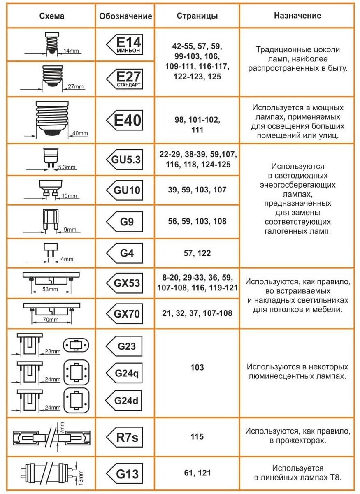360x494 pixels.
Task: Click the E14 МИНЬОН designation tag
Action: (x=125, y=44)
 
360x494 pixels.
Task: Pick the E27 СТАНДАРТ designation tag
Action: (x=125, y=79)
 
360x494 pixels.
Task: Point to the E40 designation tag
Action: (x=125, y=121)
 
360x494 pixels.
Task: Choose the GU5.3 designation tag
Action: (x=125, y=160)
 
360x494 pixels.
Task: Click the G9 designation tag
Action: (x=125, y=221)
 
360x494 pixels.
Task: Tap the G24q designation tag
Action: (x=125, y=373)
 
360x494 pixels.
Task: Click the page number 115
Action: (x=197, y=436)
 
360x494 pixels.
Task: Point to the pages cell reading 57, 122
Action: (x=197, y=253)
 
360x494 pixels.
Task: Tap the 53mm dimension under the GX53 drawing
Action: (x=50, y=289)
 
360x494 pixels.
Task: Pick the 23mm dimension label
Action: (x=53, y=351)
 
